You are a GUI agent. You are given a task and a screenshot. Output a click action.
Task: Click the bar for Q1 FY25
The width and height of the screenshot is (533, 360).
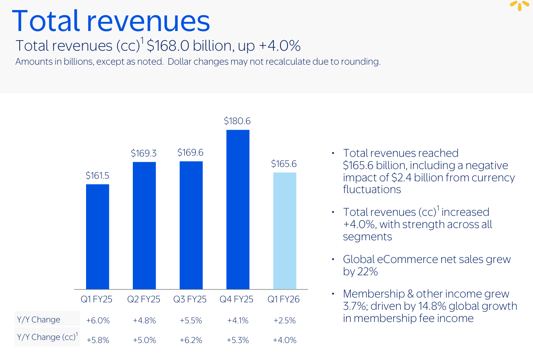(97, 236)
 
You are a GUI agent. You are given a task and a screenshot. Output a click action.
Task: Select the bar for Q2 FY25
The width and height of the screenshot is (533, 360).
(144, 225)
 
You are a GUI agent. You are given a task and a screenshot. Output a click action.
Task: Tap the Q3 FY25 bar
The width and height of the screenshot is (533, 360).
(191, 225)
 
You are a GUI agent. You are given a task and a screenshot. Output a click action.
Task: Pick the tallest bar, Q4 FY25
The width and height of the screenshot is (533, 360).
(238, 209)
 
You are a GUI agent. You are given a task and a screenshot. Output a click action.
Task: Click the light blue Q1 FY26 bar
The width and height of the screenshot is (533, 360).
(284, 231)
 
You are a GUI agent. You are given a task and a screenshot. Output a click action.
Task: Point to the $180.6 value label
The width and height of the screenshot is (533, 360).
(237, 121)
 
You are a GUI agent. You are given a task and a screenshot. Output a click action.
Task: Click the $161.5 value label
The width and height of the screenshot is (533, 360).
(97, 176)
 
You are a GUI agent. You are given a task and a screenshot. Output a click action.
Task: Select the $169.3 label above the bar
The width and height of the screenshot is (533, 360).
(144, 153)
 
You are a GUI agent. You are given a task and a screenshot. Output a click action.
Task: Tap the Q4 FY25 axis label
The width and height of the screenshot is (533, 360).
(237, 300)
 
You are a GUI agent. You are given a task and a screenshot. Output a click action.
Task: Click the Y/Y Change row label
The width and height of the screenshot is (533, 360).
(38, 319)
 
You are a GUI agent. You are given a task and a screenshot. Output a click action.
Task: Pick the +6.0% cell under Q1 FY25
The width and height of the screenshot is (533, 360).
(98, 320)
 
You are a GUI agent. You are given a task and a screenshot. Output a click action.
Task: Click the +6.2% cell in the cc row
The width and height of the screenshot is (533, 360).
(191, 340)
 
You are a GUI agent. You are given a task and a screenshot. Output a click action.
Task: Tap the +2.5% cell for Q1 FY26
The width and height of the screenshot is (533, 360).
(284, 320)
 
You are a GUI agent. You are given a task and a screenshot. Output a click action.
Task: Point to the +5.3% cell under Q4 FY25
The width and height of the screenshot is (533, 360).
(238, 340)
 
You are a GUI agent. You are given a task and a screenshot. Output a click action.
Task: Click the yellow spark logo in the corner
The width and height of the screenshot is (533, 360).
(520, 5)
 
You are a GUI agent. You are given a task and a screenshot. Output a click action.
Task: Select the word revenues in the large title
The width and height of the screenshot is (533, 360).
(151, 21)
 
